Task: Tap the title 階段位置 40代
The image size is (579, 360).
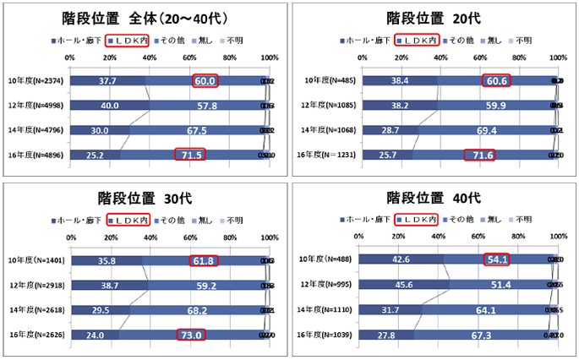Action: tap(433, 199)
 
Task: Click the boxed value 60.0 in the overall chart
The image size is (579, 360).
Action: tap(206, 81)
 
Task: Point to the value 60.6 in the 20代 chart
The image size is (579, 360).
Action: tap(497, 81)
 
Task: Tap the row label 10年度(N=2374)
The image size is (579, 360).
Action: tap(35, 81)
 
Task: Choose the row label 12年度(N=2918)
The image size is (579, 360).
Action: tap(36, 286)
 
